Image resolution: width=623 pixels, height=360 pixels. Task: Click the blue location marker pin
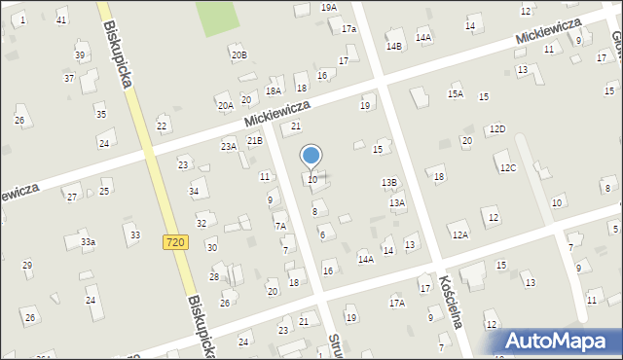pos(311,156)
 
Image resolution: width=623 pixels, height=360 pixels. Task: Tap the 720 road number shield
pos(175,241)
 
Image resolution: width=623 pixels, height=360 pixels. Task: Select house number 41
pos(61,19)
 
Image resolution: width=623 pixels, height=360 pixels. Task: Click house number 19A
pos(329,7)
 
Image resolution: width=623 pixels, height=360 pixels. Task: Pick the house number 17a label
pos(348,29)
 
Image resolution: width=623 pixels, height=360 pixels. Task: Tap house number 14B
pos(393,46)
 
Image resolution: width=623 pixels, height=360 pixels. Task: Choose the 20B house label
pos(238,55)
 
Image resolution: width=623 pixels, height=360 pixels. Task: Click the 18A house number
pos(274,90)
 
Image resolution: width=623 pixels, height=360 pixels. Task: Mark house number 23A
pos(229,146)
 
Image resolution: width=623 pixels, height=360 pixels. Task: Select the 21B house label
pos(254,141)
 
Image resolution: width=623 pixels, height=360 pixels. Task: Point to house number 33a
pos(88,241)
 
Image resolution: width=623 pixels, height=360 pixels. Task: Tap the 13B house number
pos(388,182)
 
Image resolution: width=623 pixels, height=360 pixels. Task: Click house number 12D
pos(497,128)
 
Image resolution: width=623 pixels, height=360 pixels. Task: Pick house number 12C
pos(508,167)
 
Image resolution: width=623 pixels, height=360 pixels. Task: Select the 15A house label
pos(455,94)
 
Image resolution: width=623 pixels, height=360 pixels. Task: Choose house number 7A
pos(279,226)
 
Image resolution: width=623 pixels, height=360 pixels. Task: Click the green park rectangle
pos(216,17)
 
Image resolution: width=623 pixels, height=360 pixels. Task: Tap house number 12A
pos(459,234)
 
